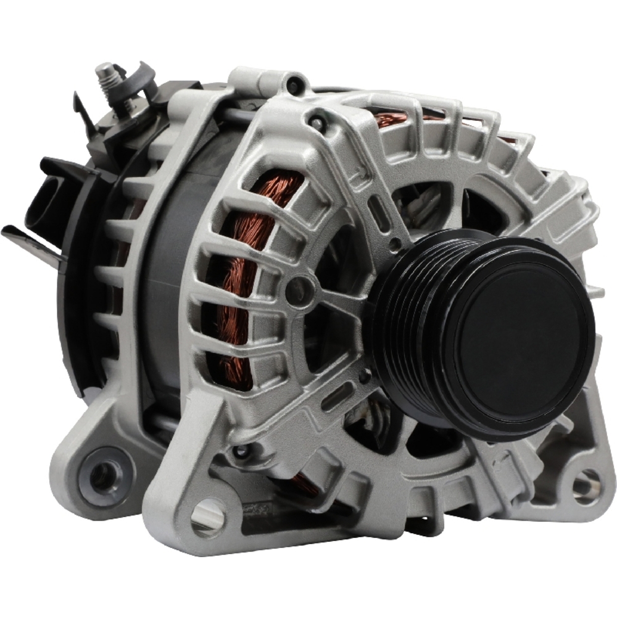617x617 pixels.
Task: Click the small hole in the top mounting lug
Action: click(296, 82)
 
